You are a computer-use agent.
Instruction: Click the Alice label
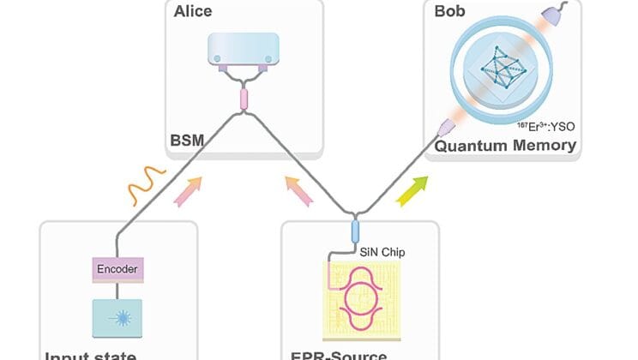tap(192, 13)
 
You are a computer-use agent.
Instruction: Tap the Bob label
tap(446, 13)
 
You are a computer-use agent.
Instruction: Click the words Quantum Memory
tap(504, 145)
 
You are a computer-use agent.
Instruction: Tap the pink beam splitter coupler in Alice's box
tap(244, 99)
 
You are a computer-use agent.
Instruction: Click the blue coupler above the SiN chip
tap(355, 231)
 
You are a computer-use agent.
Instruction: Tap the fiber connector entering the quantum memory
tap(445, 129)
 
